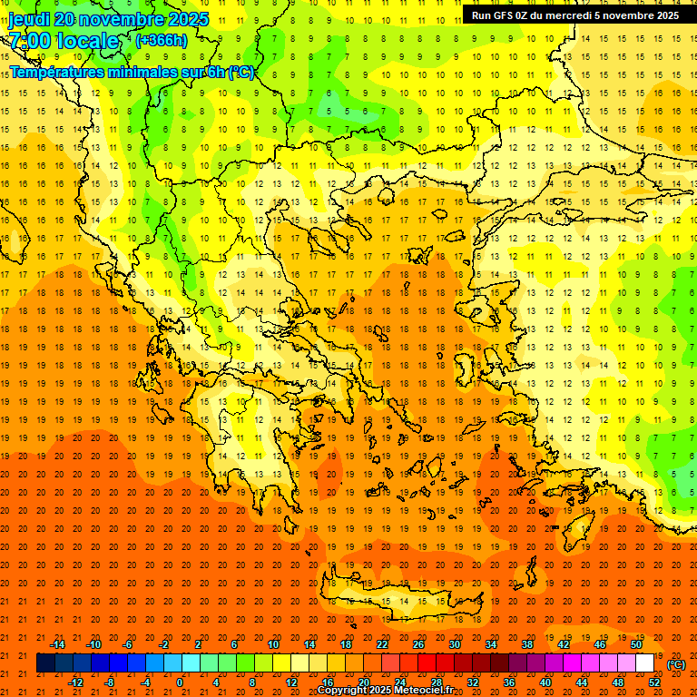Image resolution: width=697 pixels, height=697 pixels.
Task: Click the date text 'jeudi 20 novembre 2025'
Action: (108, 19)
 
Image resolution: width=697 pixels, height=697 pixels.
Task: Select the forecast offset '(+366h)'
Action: (162, 40)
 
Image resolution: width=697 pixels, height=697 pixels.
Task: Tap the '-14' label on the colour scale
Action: (57, 644)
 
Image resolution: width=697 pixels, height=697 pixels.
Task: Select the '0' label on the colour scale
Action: (180, 682)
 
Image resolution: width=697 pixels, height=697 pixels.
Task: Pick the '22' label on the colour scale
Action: (382, 644)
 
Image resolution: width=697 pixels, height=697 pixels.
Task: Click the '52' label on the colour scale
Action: (654, 682)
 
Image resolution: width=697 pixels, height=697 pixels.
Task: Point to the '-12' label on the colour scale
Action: (75, 682)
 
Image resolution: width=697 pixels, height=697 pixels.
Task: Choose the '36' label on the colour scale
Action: (509, 682)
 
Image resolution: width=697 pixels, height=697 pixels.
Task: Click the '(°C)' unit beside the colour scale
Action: (676, 664)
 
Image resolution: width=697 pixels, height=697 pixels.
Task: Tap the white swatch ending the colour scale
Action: (645, 663)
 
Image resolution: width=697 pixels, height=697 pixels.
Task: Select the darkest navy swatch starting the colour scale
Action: (45, 663)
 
